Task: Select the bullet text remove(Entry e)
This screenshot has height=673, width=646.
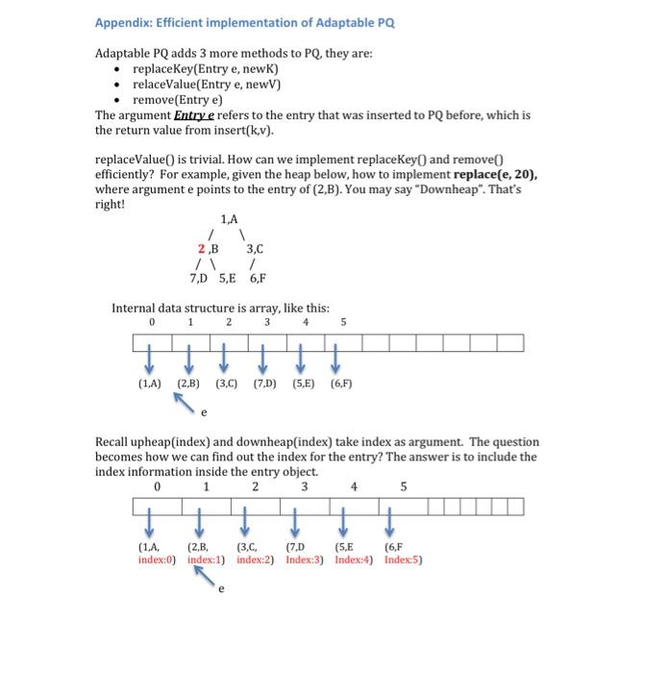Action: click(x=177, y=99)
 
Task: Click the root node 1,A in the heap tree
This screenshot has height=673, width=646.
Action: click(x=230, y=220)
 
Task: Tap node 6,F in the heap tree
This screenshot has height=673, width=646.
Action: click(x=258, y=280)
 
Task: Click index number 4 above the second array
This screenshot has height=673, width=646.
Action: click(x=355, y=486)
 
